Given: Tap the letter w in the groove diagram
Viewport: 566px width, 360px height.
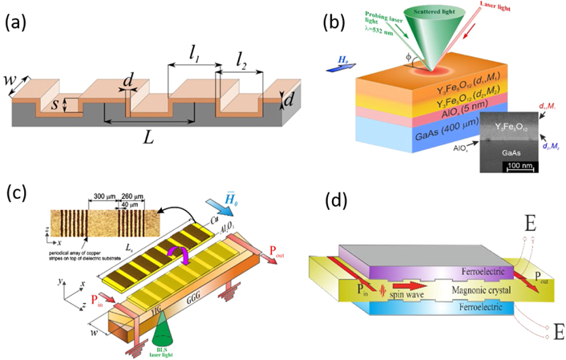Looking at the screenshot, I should [x=24, y=81].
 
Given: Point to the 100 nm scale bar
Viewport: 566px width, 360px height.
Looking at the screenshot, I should [x=522, y=166].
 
